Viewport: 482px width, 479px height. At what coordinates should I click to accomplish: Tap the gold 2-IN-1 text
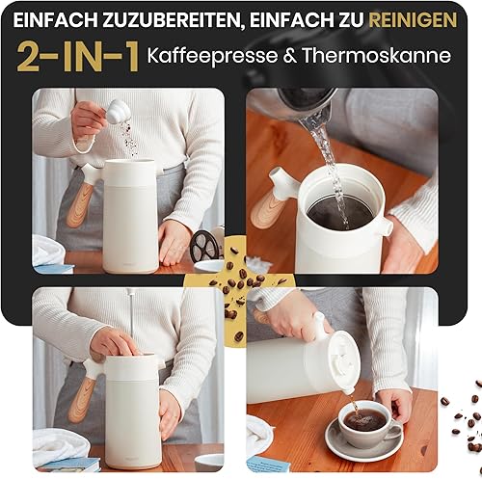point(78,57)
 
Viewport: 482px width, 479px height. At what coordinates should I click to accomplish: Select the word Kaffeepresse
point(212,55)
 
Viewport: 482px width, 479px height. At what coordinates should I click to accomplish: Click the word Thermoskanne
point(377,55)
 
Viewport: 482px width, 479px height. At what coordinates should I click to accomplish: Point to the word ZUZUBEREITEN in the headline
point(171,20)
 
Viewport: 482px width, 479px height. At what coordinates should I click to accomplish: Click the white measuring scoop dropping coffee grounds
point(118,111)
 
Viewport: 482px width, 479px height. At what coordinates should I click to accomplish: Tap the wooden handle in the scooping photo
point(79,204)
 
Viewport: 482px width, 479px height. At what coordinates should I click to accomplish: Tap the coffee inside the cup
point(366,420)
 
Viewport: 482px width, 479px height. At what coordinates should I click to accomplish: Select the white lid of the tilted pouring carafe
point(342,358)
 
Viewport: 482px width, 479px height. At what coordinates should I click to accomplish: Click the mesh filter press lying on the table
point(205,246)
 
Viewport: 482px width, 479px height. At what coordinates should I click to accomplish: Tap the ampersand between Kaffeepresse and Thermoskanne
point(289,56)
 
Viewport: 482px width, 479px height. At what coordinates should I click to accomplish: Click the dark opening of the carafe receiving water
point(340,212)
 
